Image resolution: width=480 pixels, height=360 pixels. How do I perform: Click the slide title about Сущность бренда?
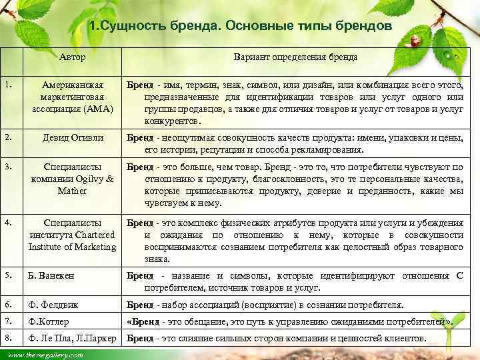(240, 26)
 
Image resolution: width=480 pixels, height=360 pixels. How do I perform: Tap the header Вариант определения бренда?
(295, 57)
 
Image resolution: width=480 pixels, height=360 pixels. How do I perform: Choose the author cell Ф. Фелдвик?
(53, 305)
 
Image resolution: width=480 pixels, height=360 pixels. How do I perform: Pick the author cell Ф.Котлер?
(49, 321)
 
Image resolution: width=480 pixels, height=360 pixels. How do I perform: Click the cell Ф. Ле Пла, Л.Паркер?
(73, 338)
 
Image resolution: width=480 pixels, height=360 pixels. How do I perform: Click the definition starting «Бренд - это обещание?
(290, 321)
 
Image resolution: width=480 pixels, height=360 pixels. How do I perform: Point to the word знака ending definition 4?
(158, 259)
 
